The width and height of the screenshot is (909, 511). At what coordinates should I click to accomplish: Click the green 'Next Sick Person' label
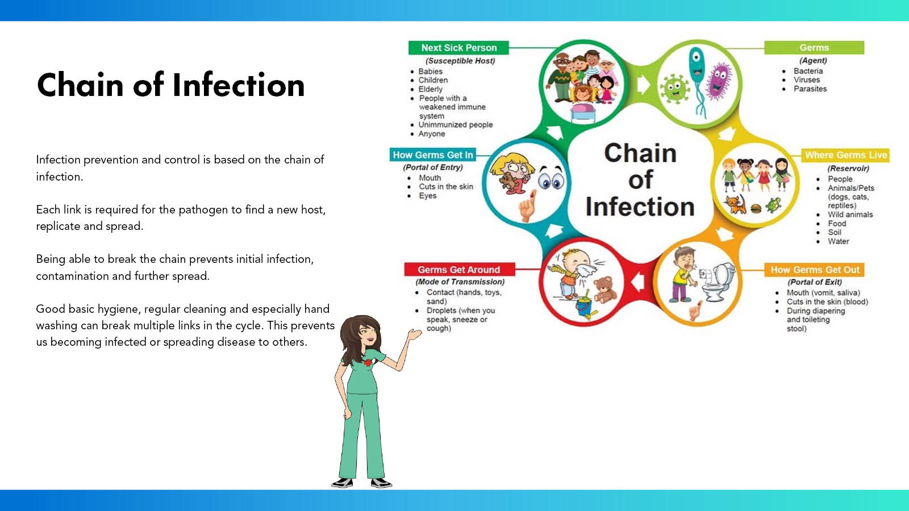[x=458, y=48]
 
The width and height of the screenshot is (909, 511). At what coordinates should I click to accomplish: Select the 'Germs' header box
[x=814, y=48]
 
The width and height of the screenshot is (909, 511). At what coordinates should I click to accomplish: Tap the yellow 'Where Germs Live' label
[x=846, y=156]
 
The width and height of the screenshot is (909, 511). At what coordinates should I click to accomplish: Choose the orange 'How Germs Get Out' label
[x=815, y=270]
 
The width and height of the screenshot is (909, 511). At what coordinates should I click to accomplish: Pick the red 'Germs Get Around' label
[x=460, y=269]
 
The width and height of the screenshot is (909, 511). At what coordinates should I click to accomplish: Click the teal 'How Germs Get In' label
[x=433, y=155]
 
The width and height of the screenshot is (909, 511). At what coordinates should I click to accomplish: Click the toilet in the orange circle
[x=718, y=282]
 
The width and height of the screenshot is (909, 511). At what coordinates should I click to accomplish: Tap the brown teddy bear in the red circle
[x=605, y=290]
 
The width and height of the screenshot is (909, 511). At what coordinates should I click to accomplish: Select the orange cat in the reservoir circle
[x=736, y=204]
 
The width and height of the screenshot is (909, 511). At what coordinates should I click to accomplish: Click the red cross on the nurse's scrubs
[x=368, y=363]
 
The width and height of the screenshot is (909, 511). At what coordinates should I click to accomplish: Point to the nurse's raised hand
[x=414, y=334]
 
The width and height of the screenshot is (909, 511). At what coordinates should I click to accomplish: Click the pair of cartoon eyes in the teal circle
[x=551, y=178]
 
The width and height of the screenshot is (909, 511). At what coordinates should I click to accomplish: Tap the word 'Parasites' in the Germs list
[x=810, y=89]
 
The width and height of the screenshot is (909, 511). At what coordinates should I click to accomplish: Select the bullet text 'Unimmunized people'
[x=455, y=125]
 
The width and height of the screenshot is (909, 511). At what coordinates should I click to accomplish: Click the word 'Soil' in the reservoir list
[x=835, y=232]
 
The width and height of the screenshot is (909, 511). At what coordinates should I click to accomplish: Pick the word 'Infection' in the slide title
[x=238, y=85]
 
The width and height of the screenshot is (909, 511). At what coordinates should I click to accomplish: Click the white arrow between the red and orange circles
[x=639, y=281]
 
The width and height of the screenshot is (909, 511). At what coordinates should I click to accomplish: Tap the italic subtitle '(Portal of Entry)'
[x=432, y=167]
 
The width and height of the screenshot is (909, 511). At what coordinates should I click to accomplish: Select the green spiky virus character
[x=674, y=89]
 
